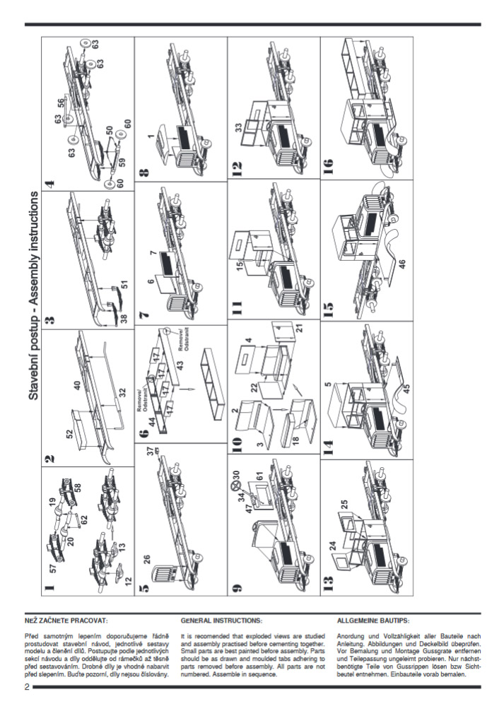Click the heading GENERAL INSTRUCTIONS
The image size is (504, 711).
[x=221, y=621]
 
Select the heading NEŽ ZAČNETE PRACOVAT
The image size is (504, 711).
[x=66, y=621]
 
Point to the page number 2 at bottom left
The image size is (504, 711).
[x=27, y=688]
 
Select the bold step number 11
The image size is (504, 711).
[x=237, y=307]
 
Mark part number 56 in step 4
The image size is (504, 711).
[x=61, y=101]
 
